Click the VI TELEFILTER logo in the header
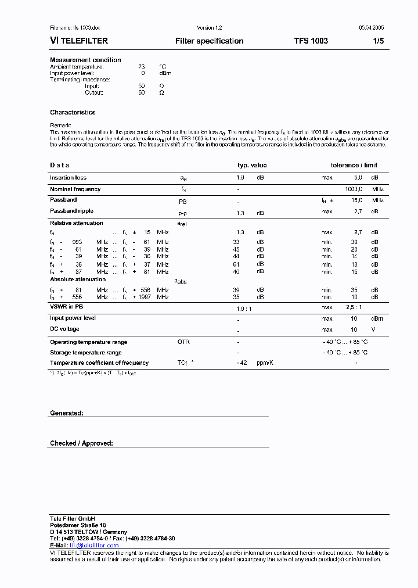(79, 41)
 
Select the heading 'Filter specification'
(209, 41)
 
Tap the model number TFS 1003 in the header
(311, 41)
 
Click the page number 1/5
(378, 41)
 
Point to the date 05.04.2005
(371, 28)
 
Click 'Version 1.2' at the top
(209, 28)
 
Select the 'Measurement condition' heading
(85, 60)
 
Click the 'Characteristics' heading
(73, 113)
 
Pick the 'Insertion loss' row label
(68, 178)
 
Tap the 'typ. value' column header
(252, 166)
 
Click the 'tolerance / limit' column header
(354, 166)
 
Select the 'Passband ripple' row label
(71, 211)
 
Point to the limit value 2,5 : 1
(354, 307)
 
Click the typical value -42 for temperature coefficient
(243, 363)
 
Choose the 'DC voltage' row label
(64, 329)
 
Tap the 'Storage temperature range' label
(85, 353)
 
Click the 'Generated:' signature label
(67, 413)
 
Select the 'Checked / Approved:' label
(81, 443)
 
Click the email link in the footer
(94, 546)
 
